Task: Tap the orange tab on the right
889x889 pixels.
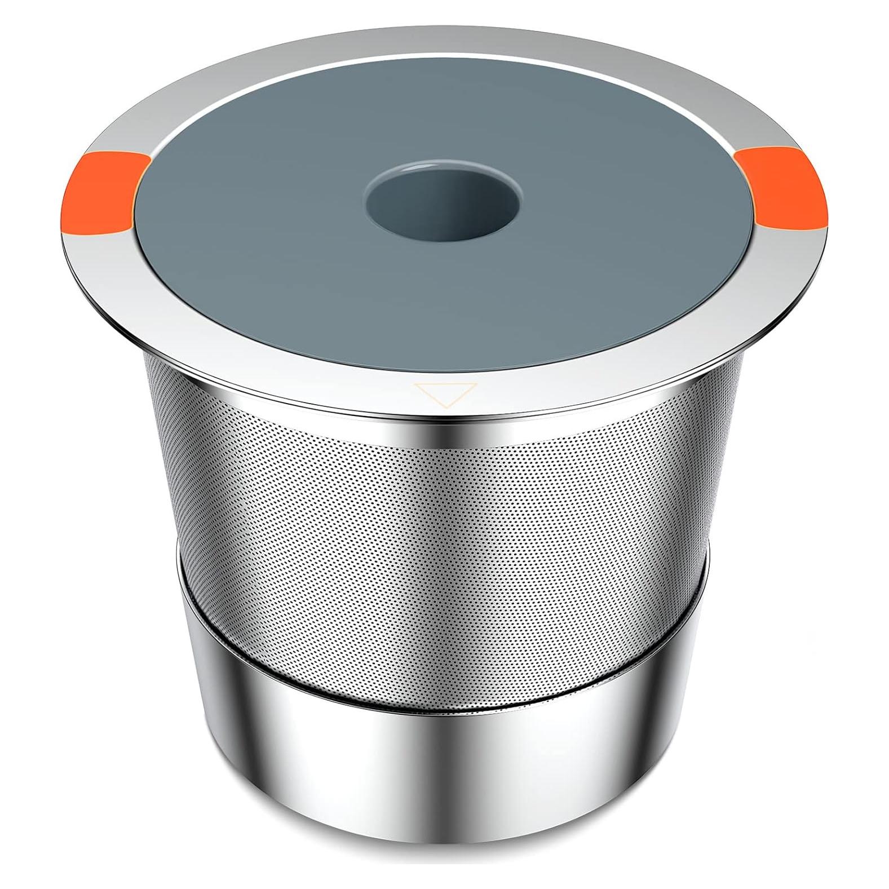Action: point(785,187)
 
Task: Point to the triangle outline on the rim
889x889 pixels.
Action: point(445,393)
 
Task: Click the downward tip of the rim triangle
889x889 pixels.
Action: point(445,406)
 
